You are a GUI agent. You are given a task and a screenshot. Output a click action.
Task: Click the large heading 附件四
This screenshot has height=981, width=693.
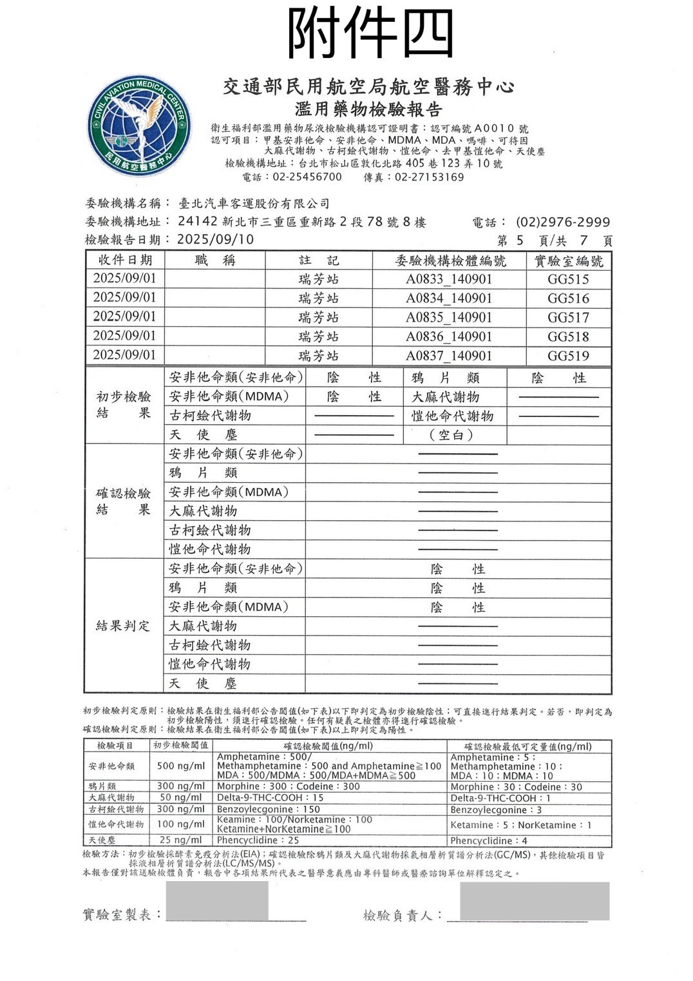coord(370,33)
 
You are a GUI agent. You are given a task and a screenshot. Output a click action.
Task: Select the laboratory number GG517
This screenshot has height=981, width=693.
coord(568,318)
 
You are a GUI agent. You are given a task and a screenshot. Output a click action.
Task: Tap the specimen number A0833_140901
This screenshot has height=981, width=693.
coord(448,279)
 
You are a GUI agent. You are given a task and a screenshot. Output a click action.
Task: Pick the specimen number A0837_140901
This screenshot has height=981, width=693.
coord(448,356)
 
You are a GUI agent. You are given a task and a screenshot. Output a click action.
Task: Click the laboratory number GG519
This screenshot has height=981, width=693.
coord(568,356)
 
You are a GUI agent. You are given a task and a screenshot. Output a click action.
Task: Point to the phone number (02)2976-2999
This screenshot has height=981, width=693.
coord(563,222)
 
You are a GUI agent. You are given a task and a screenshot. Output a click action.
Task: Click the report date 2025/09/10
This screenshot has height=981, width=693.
coord(215,240)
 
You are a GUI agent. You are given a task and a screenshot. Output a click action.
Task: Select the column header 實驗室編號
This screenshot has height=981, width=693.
coord(569,260)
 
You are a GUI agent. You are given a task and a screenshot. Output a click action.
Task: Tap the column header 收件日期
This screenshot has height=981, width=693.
coord(125,260)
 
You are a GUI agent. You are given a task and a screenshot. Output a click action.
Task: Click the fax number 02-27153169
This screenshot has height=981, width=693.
coord(430,177)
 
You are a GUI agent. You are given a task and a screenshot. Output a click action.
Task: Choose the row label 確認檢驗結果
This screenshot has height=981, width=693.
coord(123,501)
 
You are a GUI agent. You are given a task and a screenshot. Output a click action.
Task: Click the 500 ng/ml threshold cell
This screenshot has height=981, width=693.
coord(181,766)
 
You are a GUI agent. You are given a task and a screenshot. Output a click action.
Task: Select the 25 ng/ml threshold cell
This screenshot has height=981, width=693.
coord(181,840)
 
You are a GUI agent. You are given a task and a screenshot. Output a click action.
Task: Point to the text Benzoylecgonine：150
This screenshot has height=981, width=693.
coord(269,809)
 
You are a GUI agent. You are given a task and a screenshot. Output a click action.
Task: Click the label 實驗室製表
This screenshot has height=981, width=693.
coord(122,915)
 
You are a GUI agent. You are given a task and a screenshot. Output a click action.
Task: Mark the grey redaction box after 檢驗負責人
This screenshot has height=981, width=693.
coord(535,901)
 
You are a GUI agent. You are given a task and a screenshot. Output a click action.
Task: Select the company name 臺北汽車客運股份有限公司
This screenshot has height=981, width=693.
coord(254,204)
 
